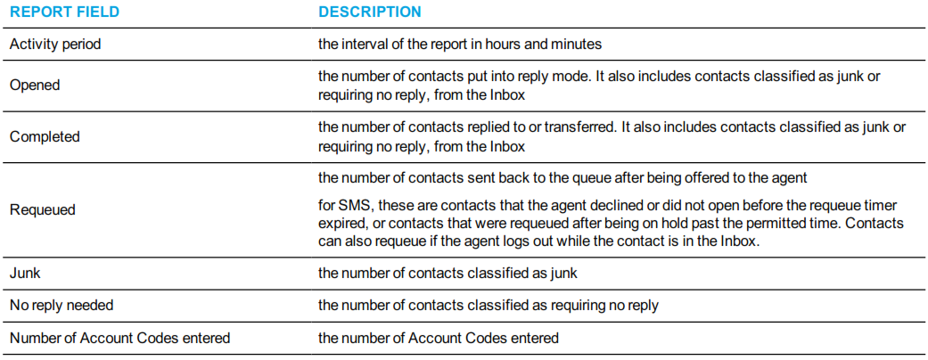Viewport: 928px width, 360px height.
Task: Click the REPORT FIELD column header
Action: click(64, 12)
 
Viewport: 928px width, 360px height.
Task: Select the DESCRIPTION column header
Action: click(370, 12)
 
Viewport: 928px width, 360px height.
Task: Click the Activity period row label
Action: click(55, 45)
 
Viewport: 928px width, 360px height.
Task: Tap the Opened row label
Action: click(35, 86)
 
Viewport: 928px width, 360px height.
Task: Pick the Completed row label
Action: click(45, 136)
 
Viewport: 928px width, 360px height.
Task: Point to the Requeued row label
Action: click(43, 210)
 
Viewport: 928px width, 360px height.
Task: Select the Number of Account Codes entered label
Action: click(120, 338)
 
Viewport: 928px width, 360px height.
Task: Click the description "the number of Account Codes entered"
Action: click(439, 338)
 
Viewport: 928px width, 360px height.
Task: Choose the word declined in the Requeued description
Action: click(634, 205)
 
